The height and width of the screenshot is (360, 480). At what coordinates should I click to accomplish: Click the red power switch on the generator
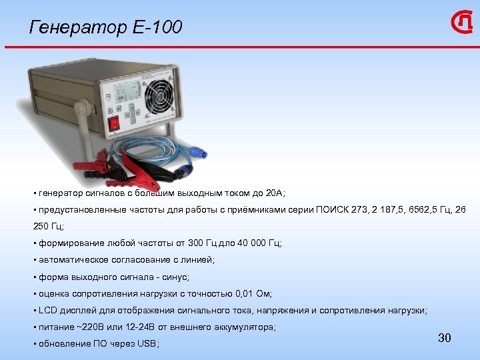tap(115, 122)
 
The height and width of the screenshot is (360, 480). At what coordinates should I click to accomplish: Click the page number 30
tap(445, 338)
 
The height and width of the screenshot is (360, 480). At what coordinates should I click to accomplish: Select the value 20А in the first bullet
tap(273, 193)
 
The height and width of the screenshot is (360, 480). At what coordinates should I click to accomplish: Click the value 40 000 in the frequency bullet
tap(246, 243)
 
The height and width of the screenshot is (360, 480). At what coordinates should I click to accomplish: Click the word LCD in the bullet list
tap(47, 311)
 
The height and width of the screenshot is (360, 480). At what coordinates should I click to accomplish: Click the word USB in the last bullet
tap(147, 344)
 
